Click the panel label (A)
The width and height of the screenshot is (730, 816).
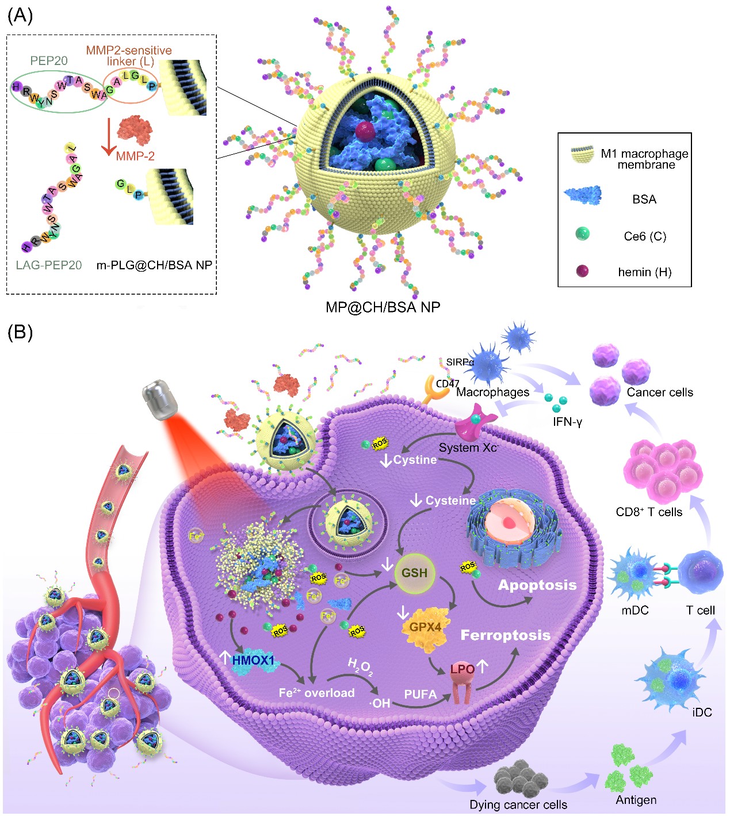click(x=20, y=16)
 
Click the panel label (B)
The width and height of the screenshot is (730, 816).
click(x=20, y=332)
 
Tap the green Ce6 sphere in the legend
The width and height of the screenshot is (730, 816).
click(x=582, y=234)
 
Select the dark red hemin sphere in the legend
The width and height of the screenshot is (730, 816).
click(x=582, y=271)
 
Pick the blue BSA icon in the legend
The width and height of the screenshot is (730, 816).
click(x=583, y=195)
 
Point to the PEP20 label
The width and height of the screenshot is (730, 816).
click(x=49, y=60)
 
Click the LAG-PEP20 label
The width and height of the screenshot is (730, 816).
click(x=49, y=265)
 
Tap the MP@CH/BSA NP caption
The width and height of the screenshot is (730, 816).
click(x=383, y=307)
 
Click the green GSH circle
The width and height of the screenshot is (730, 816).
click(x=414, y=573)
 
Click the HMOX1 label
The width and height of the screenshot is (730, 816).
click(x=254, y=661)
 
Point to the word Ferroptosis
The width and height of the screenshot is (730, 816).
click(x=505, y=635)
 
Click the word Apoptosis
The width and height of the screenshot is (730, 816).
click(x=537, y=585)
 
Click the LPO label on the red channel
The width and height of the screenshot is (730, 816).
click(x=463, y=669)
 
